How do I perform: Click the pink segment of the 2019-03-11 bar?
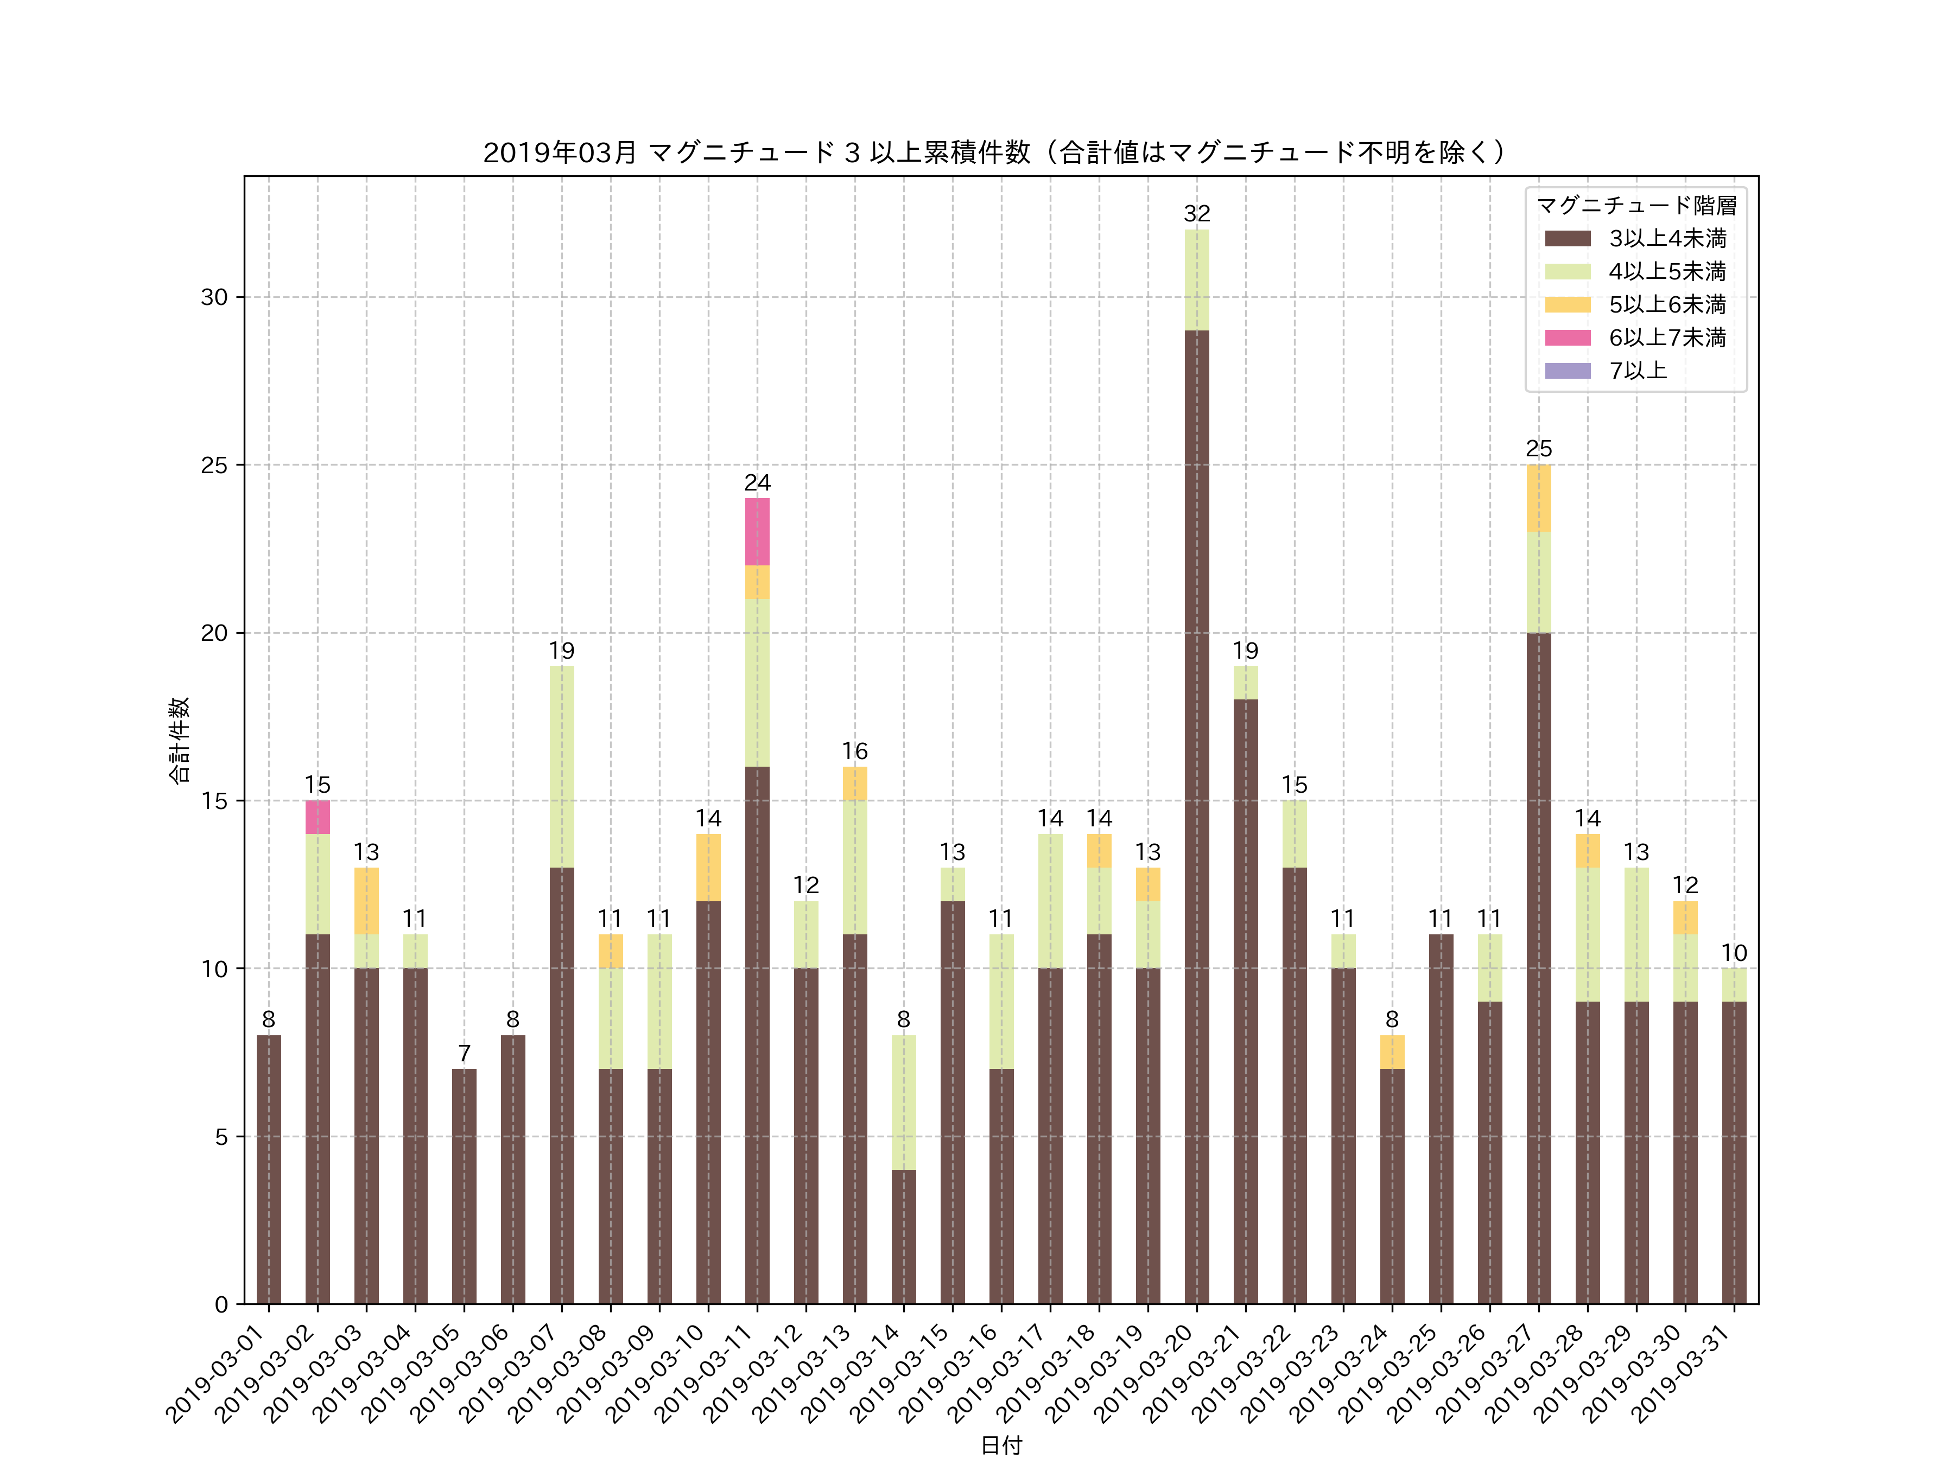[x=757, y=532]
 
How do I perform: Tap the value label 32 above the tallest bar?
[x=1196, y=214]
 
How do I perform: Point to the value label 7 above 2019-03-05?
[x=464, y=1054]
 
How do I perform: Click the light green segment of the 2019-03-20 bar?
[x=1196, y=280]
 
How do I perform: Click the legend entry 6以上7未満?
[x=1666, y=337]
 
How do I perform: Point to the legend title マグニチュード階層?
[x=1636, y=206]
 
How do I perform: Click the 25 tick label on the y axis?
[x=214, y=466]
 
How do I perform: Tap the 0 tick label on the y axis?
[x=221, y=1305]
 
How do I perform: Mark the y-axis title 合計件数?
[x=179, y=740]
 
